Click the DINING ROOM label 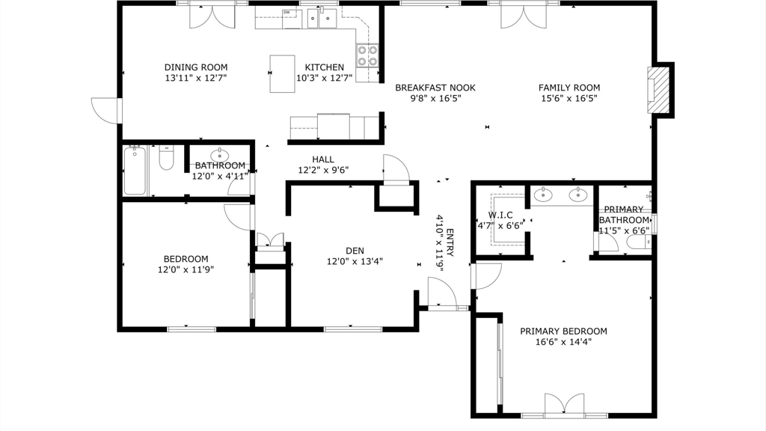(196, 67)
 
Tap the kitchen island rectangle (282, 74)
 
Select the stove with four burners (367, 55)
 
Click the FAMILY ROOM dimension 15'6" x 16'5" (569, 98)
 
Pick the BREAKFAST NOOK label (435, 88)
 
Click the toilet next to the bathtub (167, 157)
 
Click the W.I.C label (500, 215)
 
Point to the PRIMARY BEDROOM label (563, 331)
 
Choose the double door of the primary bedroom (564, 405)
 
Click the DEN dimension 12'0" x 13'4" (355, 261)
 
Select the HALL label (323, 159)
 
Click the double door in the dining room (212, 16)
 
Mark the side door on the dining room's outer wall (106, 111)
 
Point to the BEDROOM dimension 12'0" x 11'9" (186, 269)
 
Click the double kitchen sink (322, 19)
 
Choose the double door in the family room (524, 16)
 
